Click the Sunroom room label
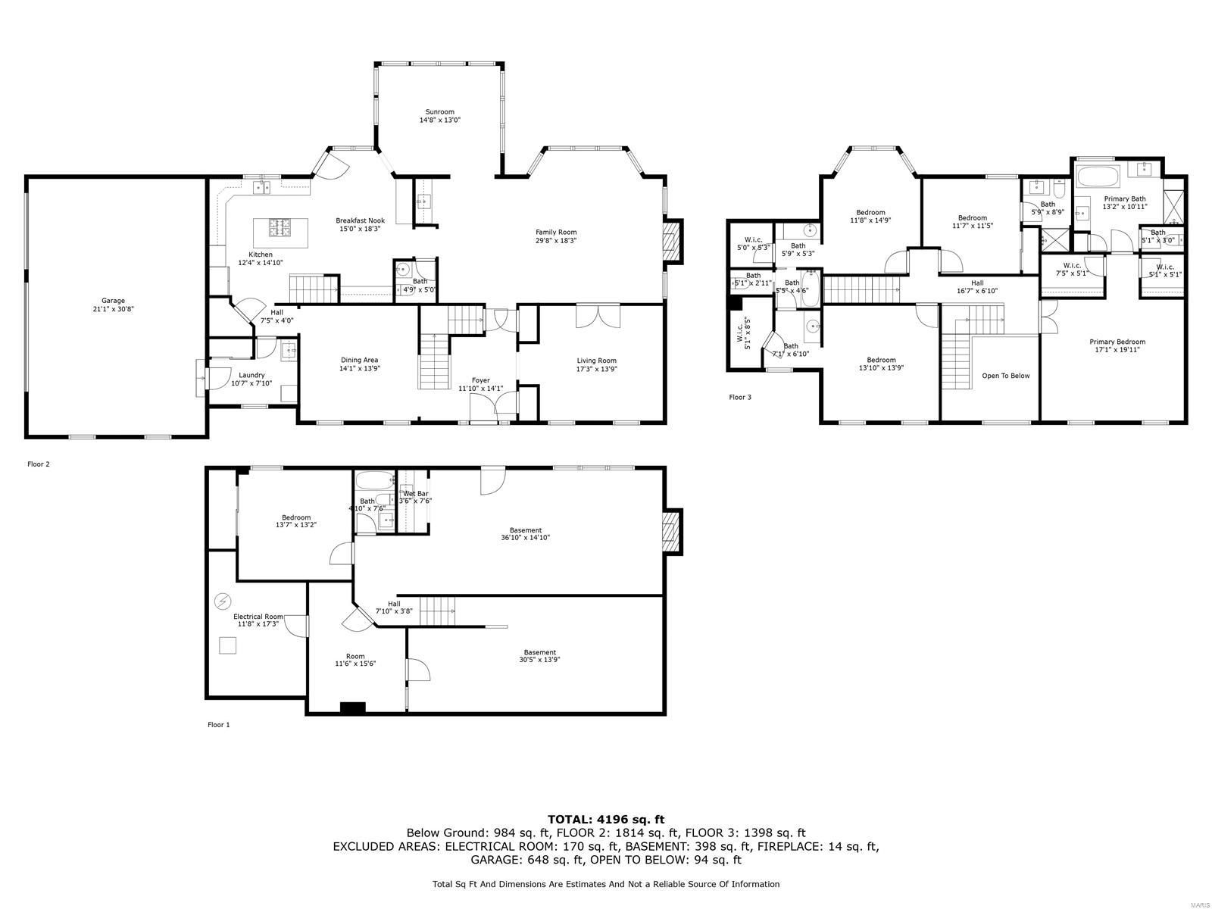pos(439,112)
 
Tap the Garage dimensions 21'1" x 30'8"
pos(114,309)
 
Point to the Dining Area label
pos(359,361)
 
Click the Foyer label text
pos(480,380)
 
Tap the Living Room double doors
pos(598,316)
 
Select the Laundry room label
pos(251,375)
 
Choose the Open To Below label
pos(1005,376)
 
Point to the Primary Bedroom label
pos(1117,342)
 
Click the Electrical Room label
pos(258,617)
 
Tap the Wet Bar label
pos(415,494)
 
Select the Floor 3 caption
pos(739,397)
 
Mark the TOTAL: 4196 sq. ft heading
pos(605,819)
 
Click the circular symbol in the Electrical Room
pos(223,601)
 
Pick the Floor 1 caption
pos(218,725)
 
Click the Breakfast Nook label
pos(360,220)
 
